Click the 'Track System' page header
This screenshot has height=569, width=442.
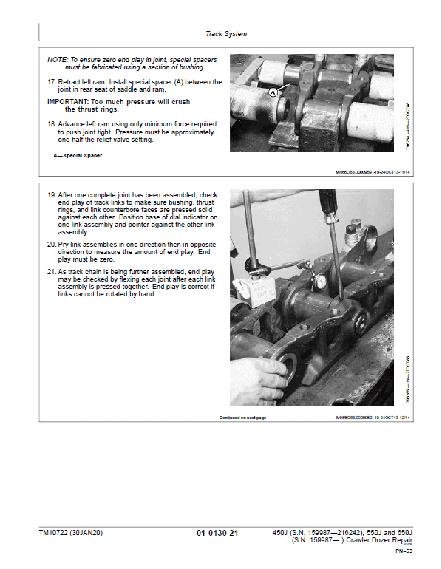pos(226,34)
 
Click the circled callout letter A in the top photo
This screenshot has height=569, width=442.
pos(273,92)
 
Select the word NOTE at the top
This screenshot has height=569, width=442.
pos(56,58)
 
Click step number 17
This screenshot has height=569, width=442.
pos(51,82)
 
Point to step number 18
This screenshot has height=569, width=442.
pos(51,123)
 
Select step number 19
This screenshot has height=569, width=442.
pos(51,194)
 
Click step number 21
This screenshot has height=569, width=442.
pos(51,271)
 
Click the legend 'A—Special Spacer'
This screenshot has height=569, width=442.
pos(77,157)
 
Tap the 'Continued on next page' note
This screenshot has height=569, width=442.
pos(242,418)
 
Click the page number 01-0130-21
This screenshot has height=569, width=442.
pos(217,533)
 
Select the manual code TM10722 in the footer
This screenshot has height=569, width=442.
pos(56,532)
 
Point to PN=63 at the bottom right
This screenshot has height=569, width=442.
pos(403,551)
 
